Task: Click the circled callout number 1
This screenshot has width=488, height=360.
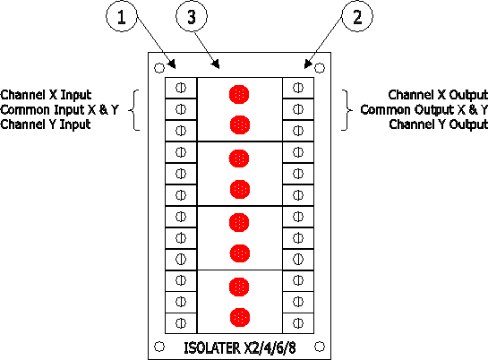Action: click(122, 16)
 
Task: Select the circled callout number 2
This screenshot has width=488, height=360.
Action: click(357, 16)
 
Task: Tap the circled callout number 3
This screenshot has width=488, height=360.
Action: click(192, 16)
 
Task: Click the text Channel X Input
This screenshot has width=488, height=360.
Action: click(46, 95)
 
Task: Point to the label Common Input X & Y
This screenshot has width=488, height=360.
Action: click(59, 110)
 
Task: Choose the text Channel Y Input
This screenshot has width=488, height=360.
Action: click(46, 124)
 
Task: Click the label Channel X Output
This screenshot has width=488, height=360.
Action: click(438, 95)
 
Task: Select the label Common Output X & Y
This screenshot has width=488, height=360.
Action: click(424, 110)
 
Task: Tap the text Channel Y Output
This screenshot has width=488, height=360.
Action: click(438, 124)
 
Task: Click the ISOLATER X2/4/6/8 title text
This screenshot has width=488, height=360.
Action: click(240, 348)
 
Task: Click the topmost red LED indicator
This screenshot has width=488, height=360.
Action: click(239, 94)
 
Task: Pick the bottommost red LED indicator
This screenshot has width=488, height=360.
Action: click(240, 317)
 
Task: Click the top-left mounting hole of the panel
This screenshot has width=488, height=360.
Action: click(159, 68)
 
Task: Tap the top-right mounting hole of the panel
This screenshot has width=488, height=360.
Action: click(320, 68)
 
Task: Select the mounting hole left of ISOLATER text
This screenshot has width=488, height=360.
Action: click(159, 347)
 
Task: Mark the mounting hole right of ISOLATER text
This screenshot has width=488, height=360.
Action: click(320, 347)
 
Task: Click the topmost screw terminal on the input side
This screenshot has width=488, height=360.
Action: click(181, 88)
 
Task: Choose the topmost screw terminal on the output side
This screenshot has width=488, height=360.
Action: click(298, 88)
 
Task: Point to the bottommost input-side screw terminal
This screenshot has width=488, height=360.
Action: click(181, 323)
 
